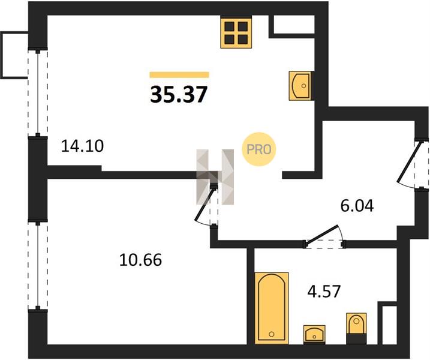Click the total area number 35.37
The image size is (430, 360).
(x=179, y=94)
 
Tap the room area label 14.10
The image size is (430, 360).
(x=82, y=146)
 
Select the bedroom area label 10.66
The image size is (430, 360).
(x=140, y=260)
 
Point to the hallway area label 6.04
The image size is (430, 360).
(x=357, y=206)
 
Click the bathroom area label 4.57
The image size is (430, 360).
(x=324, y=292)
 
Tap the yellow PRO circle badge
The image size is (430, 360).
(x=259, y=149)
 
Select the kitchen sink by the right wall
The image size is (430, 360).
(x=301, y=86)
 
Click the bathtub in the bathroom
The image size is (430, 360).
(x=272, y=308)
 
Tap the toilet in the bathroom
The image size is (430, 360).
(x=356, y=328)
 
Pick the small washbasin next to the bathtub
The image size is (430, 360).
(x=314, y=334)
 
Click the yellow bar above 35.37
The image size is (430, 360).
(x=179, y=75)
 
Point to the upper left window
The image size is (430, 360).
(x=38, y=92)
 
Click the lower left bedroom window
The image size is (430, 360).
(x=38, y=265)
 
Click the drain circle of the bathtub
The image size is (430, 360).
(x=272, y=334)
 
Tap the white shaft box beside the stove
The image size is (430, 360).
(x=294, y=25)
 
